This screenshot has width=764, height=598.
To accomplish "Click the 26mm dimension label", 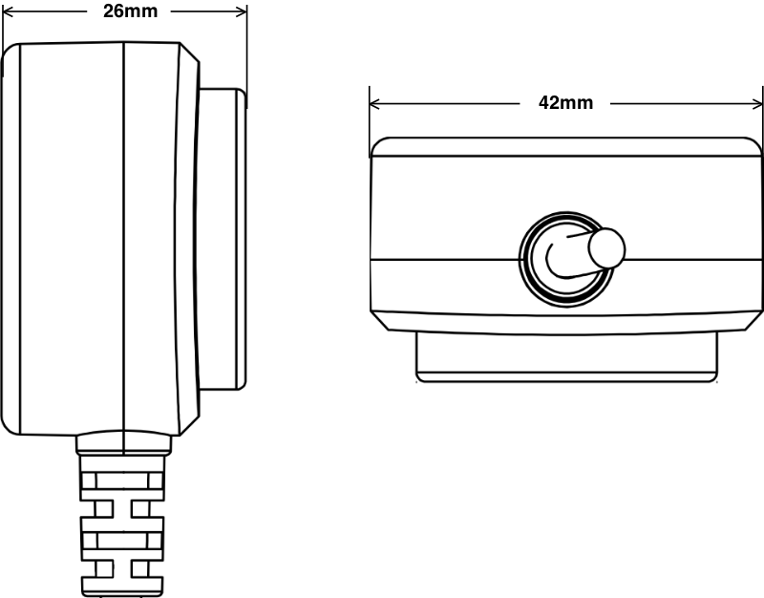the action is (131, 11).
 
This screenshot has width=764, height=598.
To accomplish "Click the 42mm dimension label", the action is (565, 103).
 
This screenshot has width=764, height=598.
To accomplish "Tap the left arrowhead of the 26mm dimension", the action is (9, 11).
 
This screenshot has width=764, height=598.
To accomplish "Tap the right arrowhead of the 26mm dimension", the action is (242, 11).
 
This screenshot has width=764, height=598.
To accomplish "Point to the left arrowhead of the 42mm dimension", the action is (375, 103).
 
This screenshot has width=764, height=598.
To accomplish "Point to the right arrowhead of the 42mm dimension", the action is (757, 103).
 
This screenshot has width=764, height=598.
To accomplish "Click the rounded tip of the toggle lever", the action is (607, 247).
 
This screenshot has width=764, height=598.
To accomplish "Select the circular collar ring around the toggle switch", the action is (566, 259).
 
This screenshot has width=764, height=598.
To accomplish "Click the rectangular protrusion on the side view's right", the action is (223, 240).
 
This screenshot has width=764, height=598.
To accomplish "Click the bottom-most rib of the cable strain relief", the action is (122, 587).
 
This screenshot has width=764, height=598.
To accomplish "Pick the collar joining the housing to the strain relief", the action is (124, 443).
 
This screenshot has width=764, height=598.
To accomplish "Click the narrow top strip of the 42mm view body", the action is (565, 147).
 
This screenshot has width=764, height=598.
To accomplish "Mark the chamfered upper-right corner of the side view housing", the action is (189, 53).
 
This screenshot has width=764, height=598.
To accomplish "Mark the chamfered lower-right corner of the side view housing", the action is (189, 425).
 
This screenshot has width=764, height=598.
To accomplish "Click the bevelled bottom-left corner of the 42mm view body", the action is (380, 320).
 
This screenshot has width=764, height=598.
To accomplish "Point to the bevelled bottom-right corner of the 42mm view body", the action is (753, 320).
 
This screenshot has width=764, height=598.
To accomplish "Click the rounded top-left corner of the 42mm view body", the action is (380, 147).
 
